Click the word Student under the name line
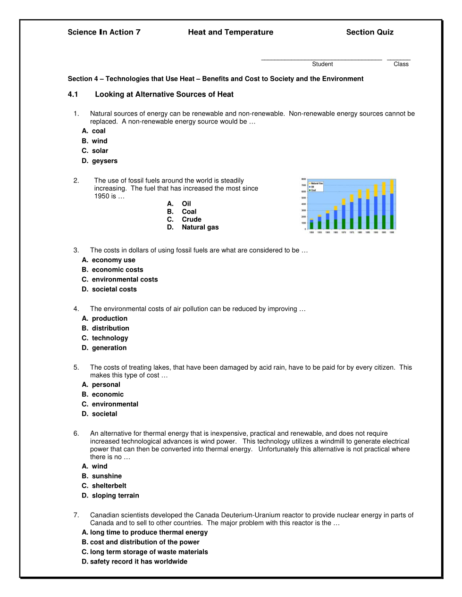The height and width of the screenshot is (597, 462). [x=322, y=64]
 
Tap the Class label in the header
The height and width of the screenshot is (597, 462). [x=401, y=64]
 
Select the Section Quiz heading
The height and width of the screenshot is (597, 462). [x=370, y=32]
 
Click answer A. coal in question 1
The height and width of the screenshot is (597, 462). [x=94, y=131]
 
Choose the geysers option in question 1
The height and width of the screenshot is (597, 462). [x=100, y=161]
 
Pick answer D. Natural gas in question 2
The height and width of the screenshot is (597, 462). [x=193, y=227]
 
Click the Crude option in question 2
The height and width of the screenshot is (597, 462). [x=185, y=219]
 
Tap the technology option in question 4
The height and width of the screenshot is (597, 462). [x=105, y=338]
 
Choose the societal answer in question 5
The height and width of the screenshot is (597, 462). [x=100, y=414]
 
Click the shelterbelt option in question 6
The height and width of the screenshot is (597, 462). [x=104, y=486]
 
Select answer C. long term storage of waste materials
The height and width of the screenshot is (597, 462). [x=145, y=552]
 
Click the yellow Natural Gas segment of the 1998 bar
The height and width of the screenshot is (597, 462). [x=392, y=187]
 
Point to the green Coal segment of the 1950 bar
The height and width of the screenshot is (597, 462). [x=311, y=225]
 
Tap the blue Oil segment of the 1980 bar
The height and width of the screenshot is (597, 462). [x=360, y=207]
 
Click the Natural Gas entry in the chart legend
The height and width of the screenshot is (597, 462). [x=316, y=183]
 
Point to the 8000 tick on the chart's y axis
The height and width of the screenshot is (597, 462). [x=304, y=180]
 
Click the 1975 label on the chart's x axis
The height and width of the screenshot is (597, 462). [x=352, y=232]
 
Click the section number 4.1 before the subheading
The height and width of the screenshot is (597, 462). [x=73, y=94]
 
